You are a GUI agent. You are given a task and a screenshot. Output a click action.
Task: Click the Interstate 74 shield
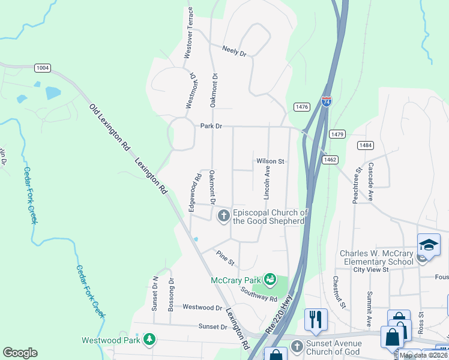[326, 101]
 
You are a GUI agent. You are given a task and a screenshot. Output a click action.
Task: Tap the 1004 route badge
[42, 68]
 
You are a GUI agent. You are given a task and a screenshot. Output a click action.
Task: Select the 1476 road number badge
[301, 107]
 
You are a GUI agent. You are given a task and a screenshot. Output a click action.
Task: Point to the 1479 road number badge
[337, 134]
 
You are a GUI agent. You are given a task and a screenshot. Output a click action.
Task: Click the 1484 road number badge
[365, 145]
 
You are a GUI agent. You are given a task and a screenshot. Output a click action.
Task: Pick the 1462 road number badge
[330, 160]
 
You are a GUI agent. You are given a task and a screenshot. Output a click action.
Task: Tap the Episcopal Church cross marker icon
[223, 215]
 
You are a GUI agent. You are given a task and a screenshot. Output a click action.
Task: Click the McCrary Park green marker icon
[270, 279]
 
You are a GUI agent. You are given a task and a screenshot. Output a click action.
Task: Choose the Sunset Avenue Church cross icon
[297, 346]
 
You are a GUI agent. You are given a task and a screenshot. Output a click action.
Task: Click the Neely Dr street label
[234, 51]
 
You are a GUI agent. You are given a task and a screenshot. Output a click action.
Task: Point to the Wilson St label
[270, 161]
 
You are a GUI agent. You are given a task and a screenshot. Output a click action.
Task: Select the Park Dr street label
[211, 127]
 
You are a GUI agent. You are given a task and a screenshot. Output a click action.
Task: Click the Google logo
[20, 353]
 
